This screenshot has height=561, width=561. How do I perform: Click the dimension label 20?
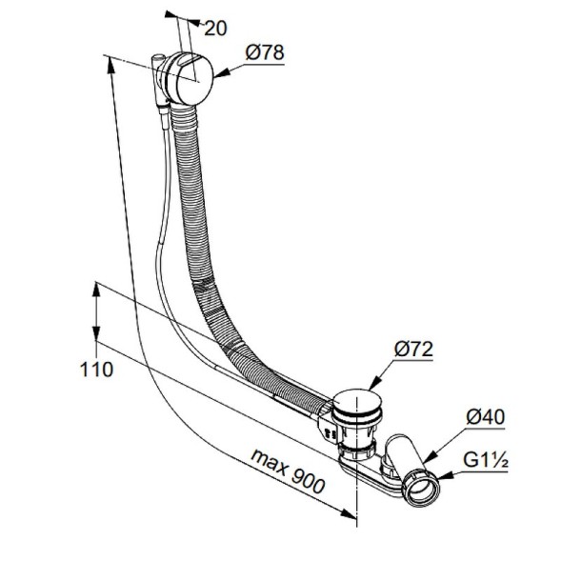coord(215,29)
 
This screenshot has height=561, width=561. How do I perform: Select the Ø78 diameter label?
coord(265,52)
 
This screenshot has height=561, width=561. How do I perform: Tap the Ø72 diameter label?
coord(413,349)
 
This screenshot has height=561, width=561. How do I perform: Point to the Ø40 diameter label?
coord(486,417)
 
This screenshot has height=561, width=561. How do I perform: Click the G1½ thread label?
coord(486,460)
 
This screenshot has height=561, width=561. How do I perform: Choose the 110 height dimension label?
coord(96,370)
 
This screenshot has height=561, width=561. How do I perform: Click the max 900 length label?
coord(288,471)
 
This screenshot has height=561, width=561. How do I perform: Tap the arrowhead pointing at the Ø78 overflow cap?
coord(221,73)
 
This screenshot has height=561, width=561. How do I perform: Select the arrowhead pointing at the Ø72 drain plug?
coord(373,384)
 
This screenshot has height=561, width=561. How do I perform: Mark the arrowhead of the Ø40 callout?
coord(430,456)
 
